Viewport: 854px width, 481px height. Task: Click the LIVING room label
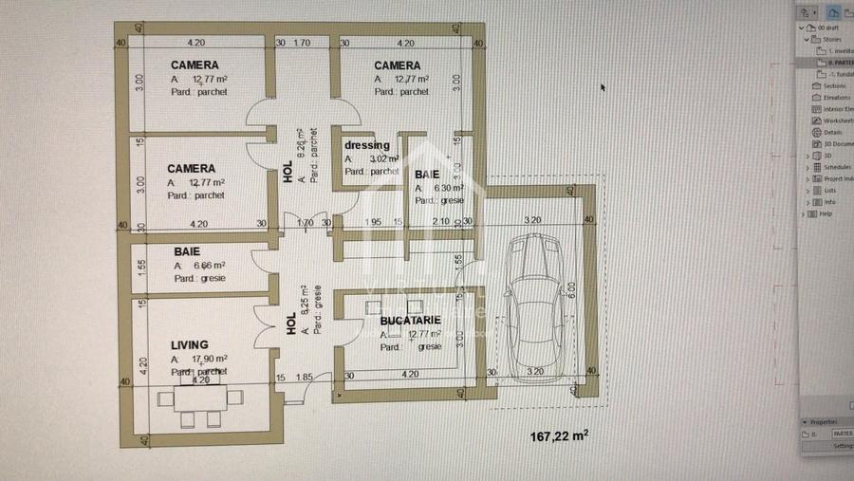[190, 345]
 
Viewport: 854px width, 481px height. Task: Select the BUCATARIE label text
[410, 321]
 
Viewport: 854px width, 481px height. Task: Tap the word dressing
[367, 145]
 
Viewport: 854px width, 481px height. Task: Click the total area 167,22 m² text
[559, 435]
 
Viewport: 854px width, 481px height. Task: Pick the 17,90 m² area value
[210, 360]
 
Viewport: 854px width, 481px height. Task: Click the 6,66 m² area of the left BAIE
[209, 267]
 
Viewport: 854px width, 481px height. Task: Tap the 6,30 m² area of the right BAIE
[447, 188]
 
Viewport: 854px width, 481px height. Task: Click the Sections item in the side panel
[834, 85]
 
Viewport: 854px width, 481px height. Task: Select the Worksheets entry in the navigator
[839, 120]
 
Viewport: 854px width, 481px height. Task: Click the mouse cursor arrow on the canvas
[603, 87]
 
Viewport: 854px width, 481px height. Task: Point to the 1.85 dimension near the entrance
[305, 378]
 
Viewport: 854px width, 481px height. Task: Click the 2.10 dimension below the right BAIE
[441, 222]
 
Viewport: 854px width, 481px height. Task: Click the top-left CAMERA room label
[194, 65]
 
